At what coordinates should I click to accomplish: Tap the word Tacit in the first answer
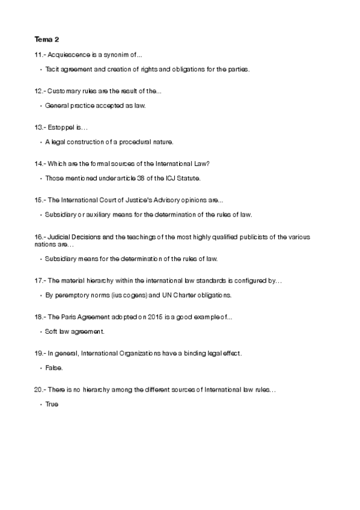click(x=52, y=69)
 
